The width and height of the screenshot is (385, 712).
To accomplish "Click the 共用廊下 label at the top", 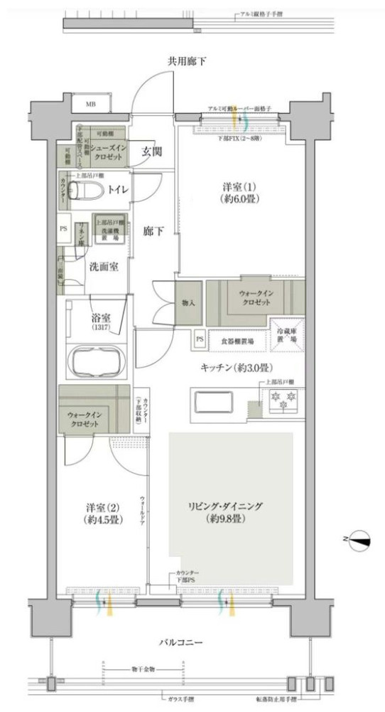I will tap(187, 62).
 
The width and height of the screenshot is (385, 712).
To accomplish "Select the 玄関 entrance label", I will tap(151, 151).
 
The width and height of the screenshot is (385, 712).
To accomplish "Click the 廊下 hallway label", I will tap(151, 232).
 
